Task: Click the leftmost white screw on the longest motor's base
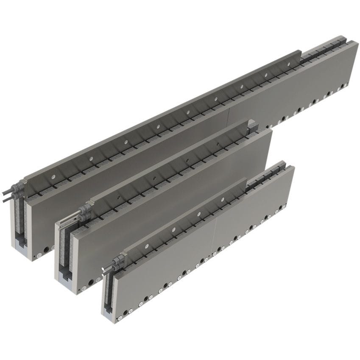pyautogui.click(x=39, y=255)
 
